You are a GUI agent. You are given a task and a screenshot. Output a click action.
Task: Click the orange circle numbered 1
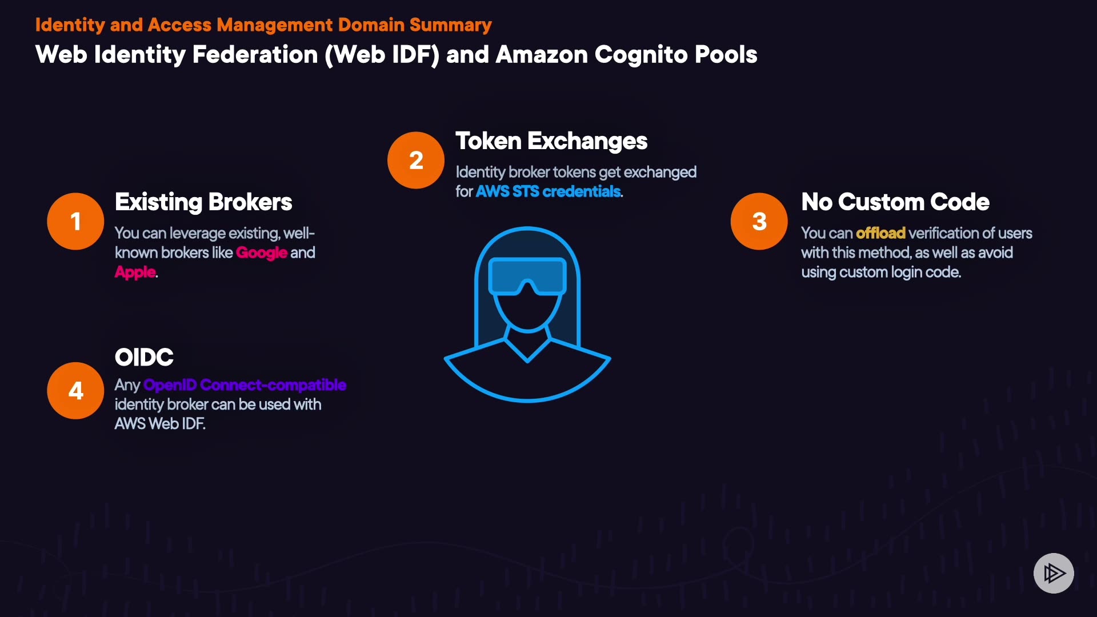click(x=75, y=221)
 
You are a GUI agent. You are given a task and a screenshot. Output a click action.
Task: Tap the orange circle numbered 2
click(x=416, y=160)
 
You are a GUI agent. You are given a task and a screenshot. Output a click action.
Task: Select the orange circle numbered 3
click(x=759, y=221)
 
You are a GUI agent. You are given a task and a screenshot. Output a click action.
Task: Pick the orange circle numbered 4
click(x=75, y=391)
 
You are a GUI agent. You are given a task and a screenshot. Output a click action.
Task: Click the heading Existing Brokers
click(x=203, y=202)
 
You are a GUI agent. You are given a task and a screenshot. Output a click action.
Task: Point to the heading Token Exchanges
click(x=551, y=141)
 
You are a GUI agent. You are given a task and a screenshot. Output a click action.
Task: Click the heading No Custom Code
click(x=895, y=202)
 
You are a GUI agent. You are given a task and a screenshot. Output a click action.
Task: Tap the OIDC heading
click(x=144, y=358)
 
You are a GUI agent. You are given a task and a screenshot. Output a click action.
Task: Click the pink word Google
click(x=261, y=253)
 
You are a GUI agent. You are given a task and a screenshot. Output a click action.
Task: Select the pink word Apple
click(x=135, y=272)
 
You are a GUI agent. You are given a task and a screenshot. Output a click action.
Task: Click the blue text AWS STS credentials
click(x=548, y=191)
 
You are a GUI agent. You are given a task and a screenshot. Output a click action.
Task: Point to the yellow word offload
click(x=880, y=233)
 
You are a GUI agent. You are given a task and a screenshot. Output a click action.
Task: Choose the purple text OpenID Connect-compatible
click(x=245, y=385)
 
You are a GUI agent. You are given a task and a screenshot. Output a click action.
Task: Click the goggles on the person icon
click(x=527, y=276)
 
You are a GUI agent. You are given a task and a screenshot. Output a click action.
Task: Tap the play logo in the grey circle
click(x=1054, y=573)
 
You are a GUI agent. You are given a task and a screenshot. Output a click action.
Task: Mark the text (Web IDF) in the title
click(x=382, y=55)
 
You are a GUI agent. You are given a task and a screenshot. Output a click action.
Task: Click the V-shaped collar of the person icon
click(x=527, y=350)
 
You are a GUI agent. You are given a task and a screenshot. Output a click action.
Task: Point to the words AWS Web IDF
click(x=159, y=424)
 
